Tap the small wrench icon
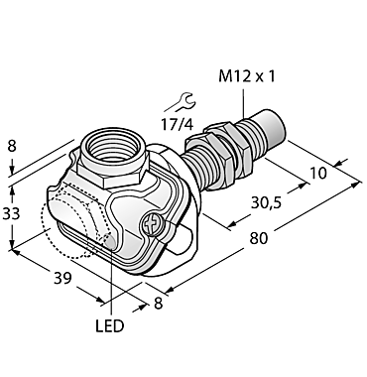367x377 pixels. (182, 99)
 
